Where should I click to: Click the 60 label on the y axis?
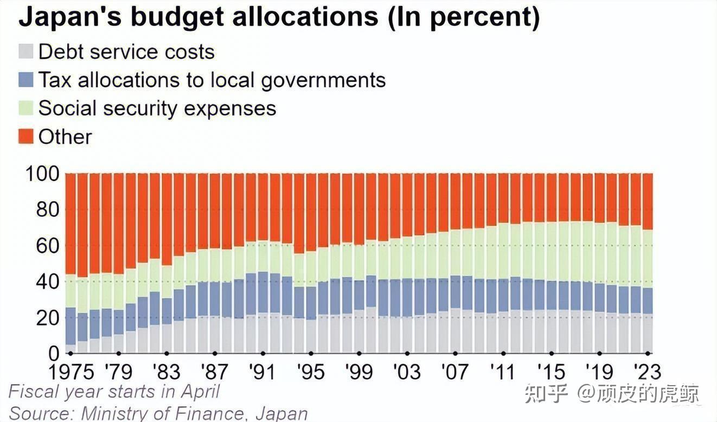click(x=47, y=246)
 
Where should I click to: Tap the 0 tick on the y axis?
click(x=53, y=353)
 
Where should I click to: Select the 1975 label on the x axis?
click(x=72, y=372)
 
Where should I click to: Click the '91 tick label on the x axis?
click(x=262, y=372)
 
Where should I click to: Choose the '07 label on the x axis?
click(x=453, y=372)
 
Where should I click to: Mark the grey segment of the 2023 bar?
click(x=647, y=333)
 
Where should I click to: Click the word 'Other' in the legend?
click(x=65, y=136)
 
